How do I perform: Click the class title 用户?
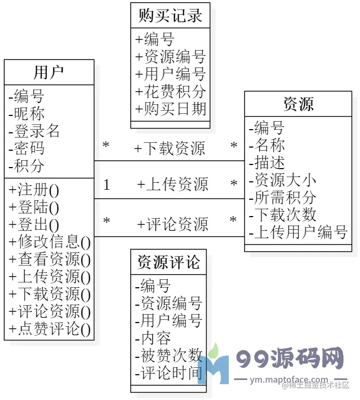[48, 72]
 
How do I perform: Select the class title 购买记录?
[170, 15]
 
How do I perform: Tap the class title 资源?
[298, 104]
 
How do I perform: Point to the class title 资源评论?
[169, 262]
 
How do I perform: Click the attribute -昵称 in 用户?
[27, 114]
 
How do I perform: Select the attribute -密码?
[27, 149]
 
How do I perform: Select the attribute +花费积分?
[170, 92]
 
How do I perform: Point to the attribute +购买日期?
[170, 109]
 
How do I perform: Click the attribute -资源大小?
[283, 180]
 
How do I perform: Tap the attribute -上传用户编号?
[298, 232]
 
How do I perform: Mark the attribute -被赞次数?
[169, 355]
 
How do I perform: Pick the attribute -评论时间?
[169, 373]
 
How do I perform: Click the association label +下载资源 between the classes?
[169, 149]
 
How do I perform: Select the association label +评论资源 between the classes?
[172, 225]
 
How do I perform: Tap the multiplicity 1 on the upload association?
[107, 185]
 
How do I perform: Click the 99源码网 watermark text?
[290, 359]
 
